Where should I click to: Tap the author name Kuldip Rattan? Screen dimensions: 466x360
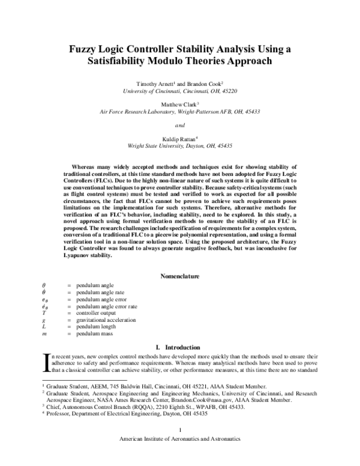pyautogui.click(x=179, y=139)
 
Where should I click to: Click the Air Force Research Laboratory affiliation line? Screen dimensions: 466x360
pyautogui.click(x=180, y=111)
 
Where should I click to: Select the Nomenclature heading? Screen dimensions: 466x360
pyautogui.click(x=180, y=276)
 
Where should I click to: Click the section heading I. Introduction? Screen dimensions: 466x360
pyautogui.click(x=180, y=347)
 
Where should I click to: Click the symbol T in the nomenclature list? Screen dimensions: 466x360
pyautogui.click(x=43, y=313)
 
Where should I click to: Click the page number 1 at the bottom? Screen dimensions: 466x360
pyautogui.click(x=180, y=446)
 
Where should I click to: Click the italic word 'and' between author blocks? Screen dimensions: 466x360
pyautogui.click(x=179, y=125)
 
